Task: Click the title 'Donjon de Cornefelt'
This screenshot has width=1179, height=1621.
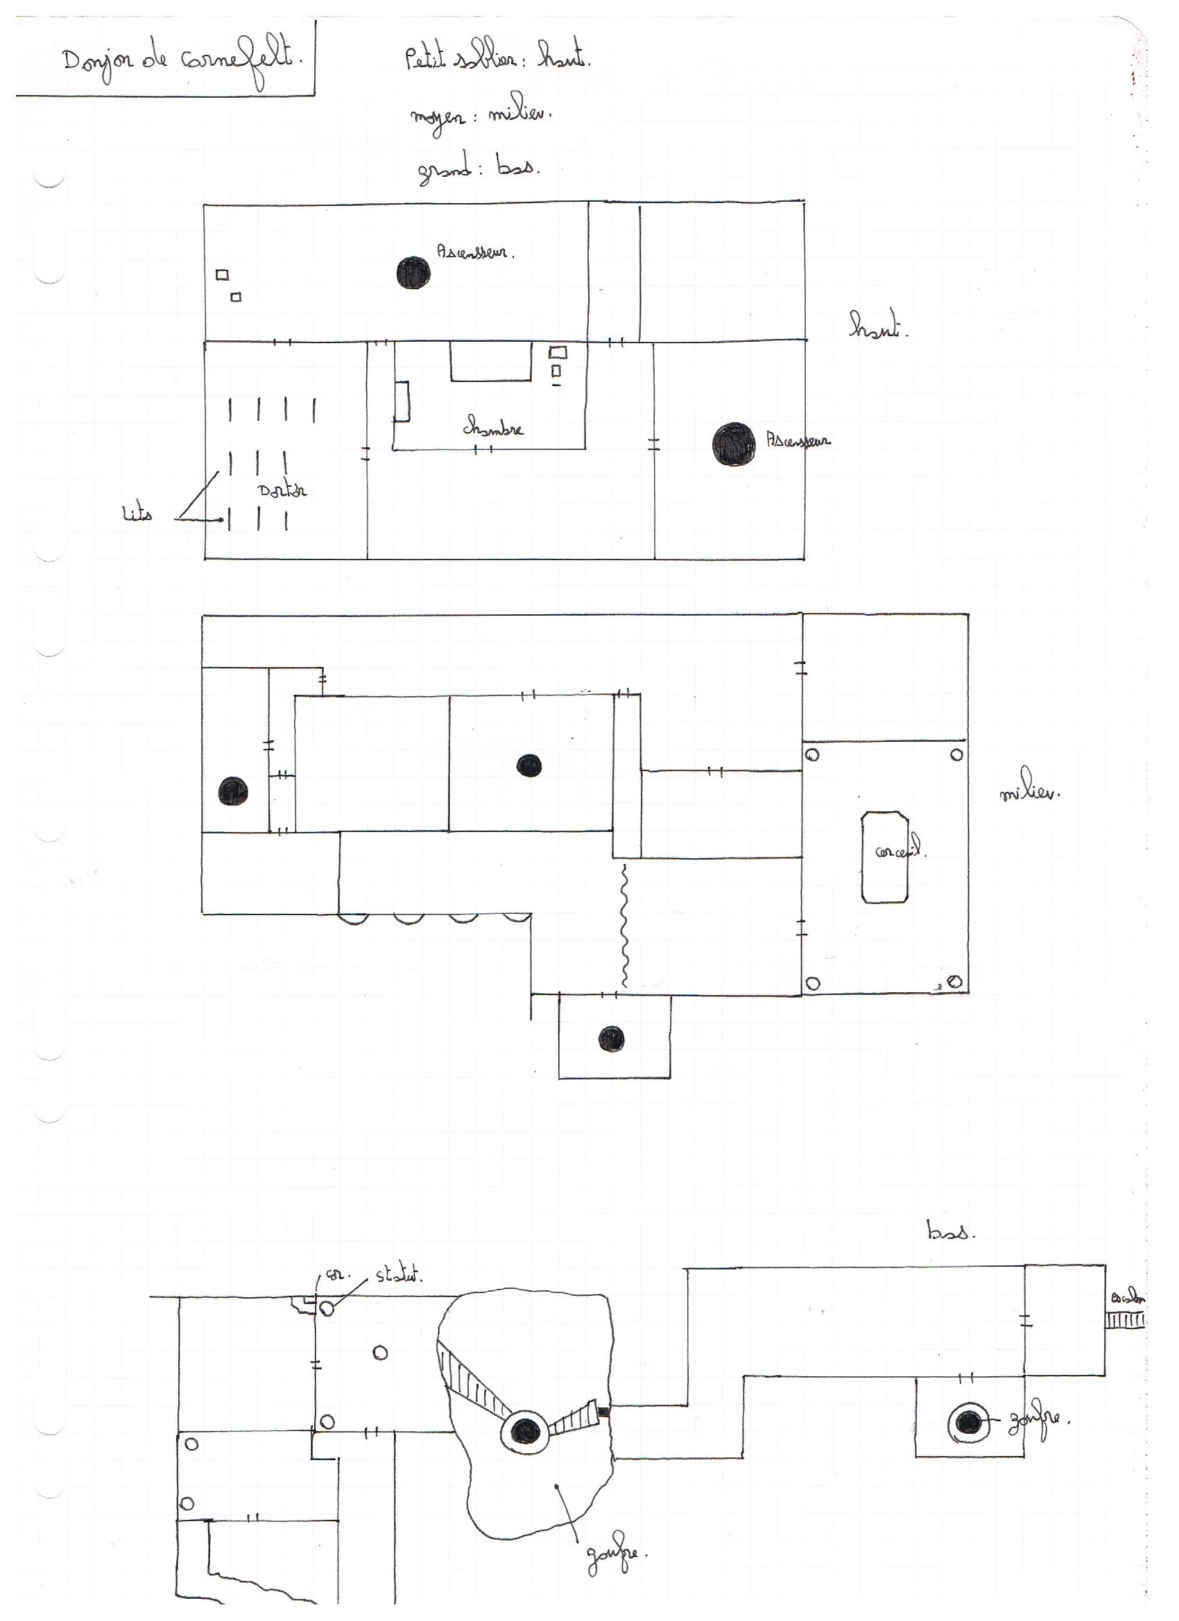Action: tap(182, 62)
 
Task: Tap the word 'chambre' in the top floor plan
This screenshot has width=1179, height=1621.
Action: tap(492, 428)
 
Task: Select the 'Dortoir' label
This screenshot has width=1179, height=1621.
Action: tap(282, 490)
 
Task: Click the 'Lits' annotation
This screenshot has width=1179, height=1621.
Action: tap(137, 514)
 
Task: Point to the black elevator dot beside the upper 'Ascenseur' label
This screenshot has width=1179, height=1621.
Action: tap(413, 272)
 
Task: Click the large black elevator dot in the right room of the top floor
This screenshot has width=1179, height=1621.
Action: tap(734, 443)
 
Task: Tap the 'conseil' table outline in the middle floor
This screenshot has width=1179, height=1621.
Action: tap(885, 857)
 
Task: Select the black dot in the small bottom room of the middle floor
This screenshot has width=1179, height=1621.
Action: tap(611, 1039)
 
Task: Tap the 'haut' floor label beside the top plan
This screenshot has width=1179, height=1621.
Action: tap(877, 326)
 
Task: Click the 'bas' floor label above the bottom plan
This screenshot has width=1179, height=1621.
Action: tap(950, 1231)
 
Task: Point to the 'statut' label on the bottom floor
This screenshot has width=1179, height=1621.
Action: tap(399, 1274)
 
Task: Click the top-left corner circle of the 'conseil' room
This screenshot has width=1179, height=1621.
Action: tap(813, 755)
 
